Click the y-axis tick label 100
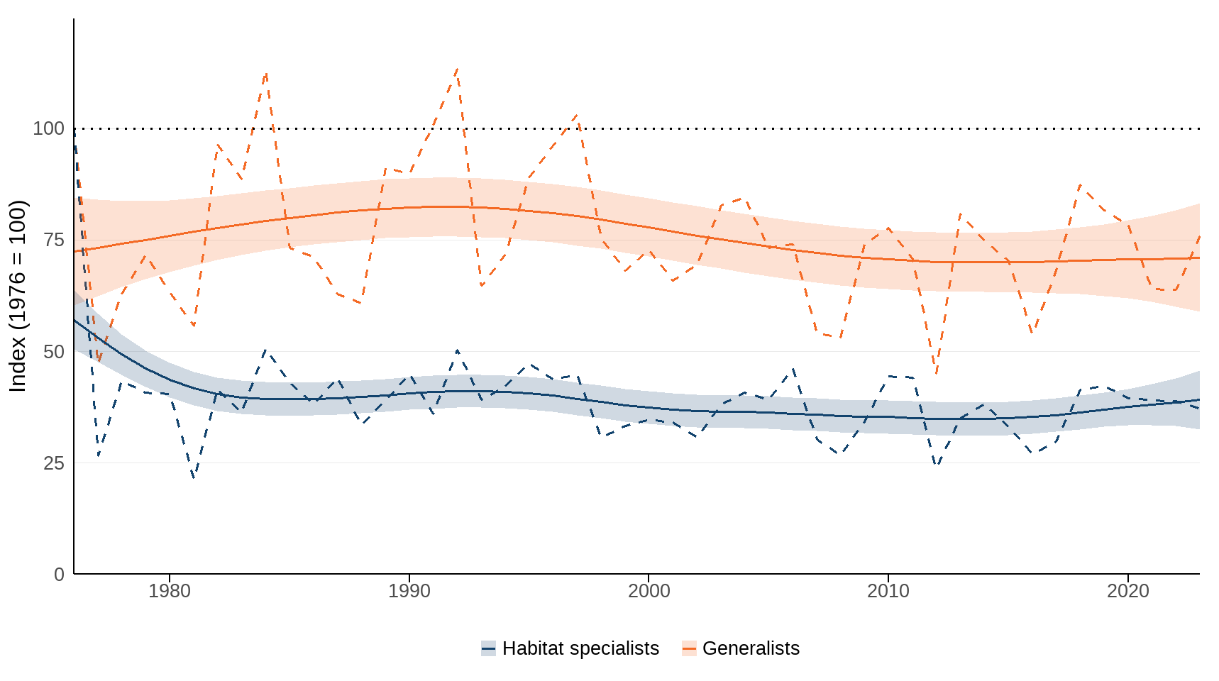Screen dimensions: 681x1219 pos(48,128)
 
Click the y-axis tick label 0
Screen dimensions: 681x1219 pos(59,575)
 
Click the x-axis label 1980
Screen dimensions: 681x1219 pos(169,591)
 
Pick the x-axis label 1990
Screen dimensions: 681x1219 pos(409,591)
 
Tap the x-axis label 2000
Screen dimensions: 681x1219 pos(649,591)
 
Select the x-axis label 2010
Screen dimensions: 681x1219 pos(888,591)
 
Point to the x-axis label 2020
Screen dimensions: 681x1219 pos(1127,591)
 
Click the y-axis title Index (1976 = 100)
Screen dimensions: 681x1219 pos(18,296)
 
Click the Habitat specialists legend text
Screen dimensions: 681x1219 pos(580,648)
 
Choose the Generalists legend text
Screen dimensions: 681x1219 pos(751,648)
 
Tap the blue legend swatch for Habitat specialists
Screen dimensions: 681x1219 pos(488,648)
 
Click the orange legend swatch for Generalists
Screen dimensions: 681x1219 pos(689,648)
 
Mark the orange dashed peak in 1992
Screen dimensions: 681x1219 pos(457,69)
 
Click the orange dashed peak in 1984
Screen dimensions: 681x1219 pos(265,72)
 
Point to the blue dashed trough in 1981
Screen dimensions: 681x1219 pos(193,477)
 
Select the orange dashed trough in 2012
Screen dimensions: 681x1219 pos(937,373)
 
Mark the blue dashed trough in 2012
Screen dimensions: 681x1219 pos(937,465)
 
